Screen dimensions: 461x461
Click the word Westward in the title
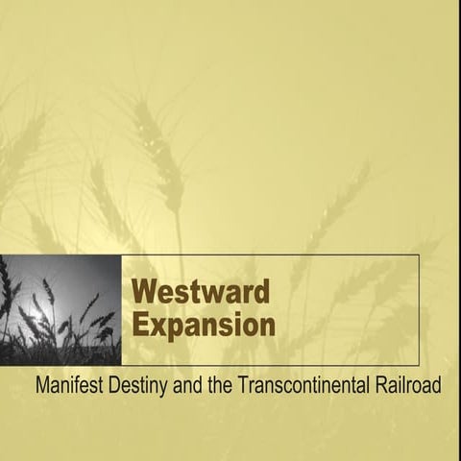pyautogui.click(x=200, y=290)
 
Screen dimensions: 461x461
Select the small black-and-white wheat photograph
pyautogui.click(x=61, y=309)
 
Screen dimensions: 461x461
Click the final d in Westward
pyautogui.click(x=261, y=290)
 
